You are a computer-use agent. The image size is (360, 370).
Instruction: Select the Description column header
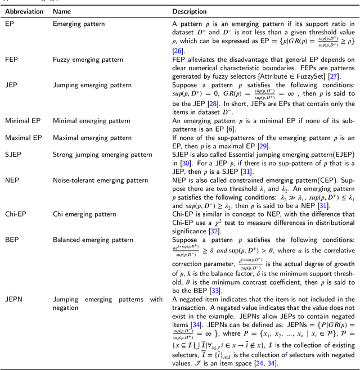(190, 11)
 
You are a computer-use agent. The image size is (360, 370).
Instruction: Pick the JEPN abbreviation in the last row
(14, 299)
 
